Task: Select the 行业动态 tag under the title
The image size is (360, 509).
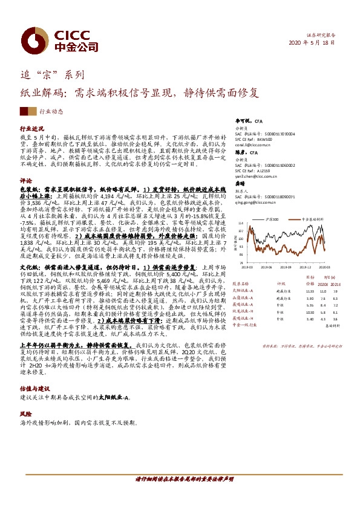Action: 51,112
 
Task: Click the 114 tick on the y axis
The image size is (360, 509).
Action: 240,223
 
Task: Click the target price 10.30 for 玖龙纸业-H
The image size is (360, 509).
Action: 310,312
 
